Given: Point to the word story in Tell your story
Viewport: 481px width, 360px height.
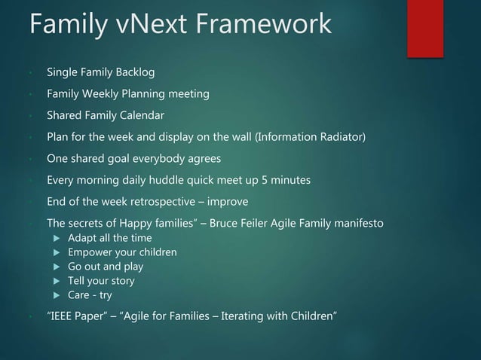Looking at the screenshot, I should coord(122,281).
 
